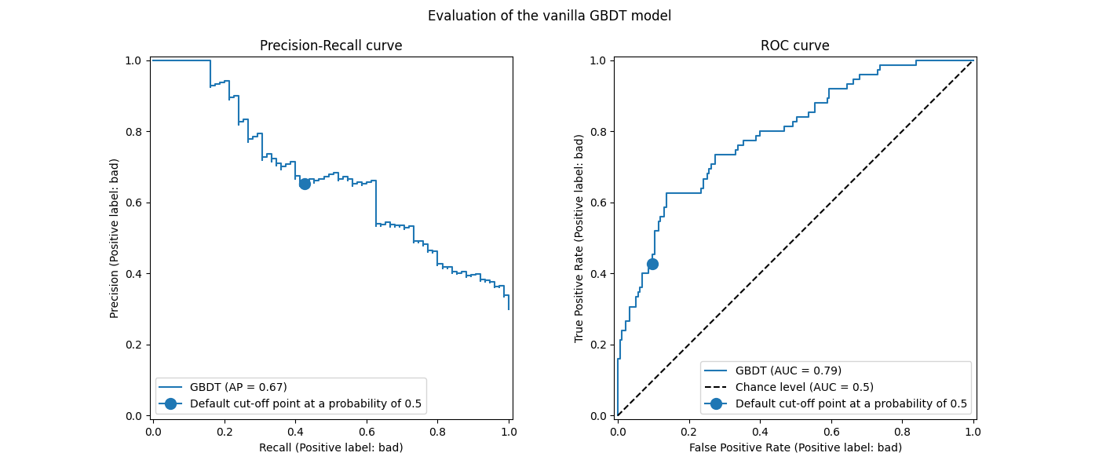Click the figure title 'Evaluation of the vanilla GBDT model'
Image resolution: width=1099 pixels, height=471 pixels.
point(549,16)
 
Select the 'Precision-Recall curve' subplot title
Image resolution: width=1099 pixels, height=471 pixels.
point(330,46)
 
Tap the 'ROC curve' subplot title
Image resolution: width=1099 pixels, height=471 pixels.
point(794,46)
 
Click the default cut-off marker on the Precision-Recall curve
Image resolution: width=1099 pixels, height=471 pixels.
point(305,183)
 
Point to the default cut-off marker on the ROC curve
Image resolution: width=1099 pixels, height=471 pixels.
point(652,264)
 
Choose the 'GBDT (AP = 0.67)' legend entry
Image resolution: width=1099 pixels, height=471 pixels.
point(238,387)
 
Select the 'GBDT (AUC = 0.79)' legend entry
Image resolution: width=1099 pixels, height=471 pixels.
point(788,371)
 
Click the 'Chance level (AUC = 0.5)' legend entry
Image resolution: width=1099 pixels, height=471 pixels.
point(804,387)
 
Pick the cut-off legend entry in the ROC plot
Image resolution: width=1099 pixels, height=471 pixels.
point(851,403)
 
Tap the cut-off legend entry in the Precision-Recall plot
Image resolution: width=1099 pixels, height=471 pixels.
point(305,404)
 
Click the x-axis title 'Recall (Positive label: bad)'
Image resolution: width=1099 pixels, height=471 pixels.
point(330,447)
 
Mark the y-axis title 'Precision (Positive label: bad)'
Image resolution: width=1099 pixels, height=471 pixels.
point(115,238)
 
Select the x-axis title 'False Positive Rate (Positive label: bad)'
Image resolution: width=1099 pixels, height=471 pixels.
point(795,447)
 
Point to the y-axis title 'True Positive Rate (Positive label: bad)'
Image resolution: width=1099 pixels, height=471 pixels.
point(579,238)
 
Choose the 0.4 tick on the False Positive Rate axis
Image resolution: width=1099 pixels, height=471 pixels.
point(760,431)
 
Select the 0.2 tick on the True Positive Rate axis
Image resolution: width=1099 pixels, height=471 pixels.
point(597,345)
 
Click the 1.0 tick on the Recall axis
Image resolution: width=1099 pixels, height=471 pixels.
point(508,431)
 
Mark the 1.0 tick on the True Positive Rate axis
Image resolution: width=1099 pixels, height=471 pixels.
point(597,60)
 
